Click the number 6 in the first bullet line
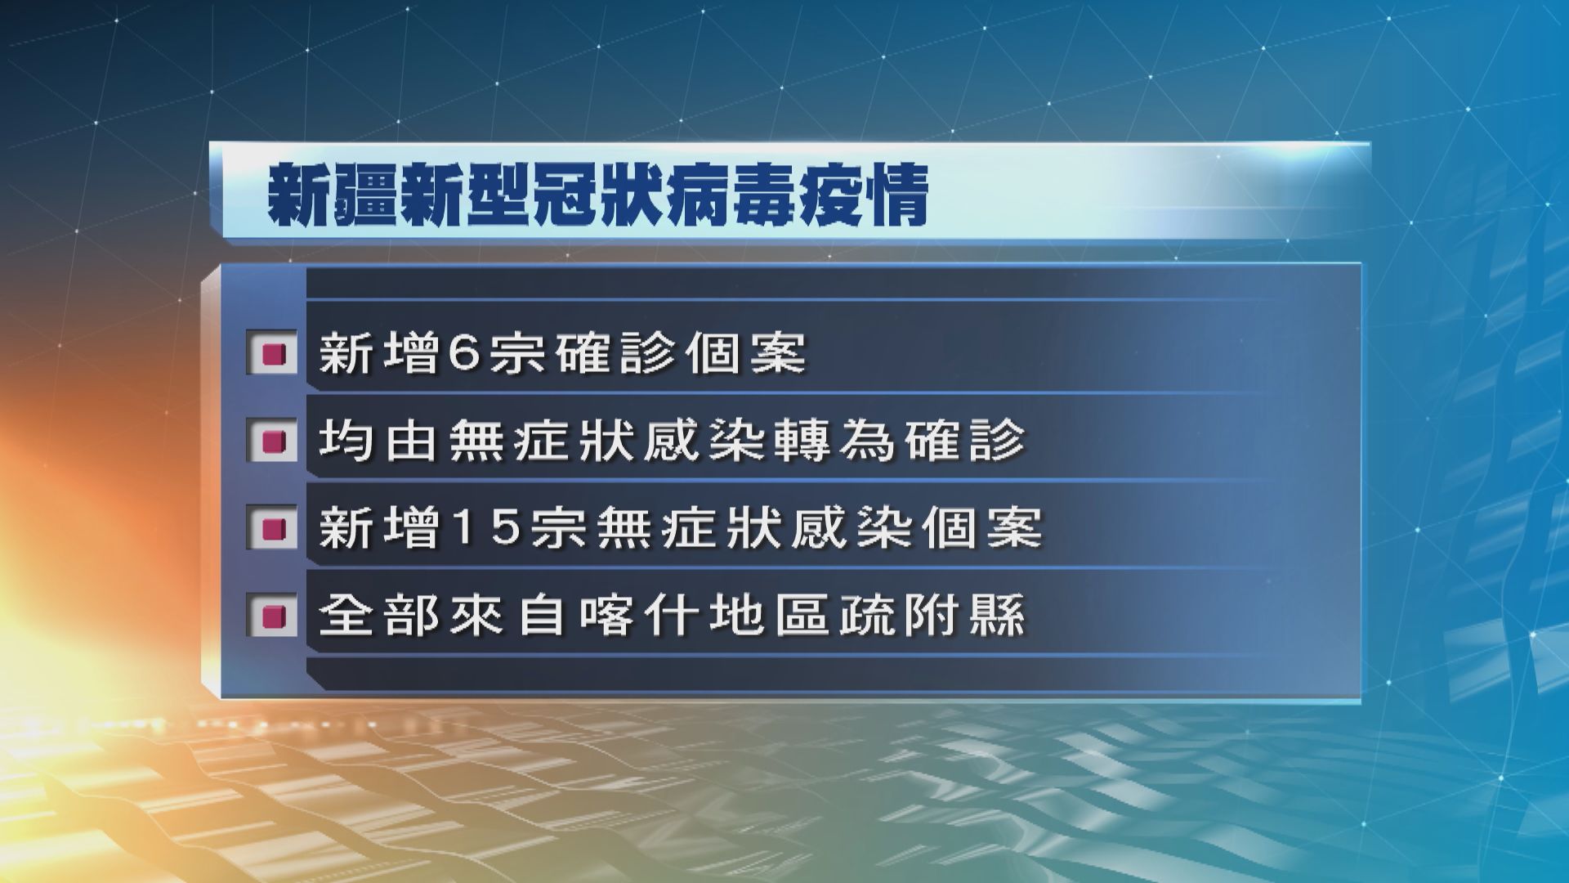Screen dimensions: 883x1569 [x=467, y=355]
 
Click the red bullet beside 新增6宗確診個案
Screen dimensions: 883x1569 [x=273, y=355]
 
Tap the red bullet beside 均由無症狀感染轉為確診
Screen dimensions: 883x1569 [x=273, y=441]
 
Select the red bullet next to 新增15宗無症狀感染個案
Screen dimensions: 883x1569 [x=273, y=528]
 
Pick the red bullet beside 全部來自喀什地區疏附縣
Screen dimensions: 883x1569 [x=273, y=615]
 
